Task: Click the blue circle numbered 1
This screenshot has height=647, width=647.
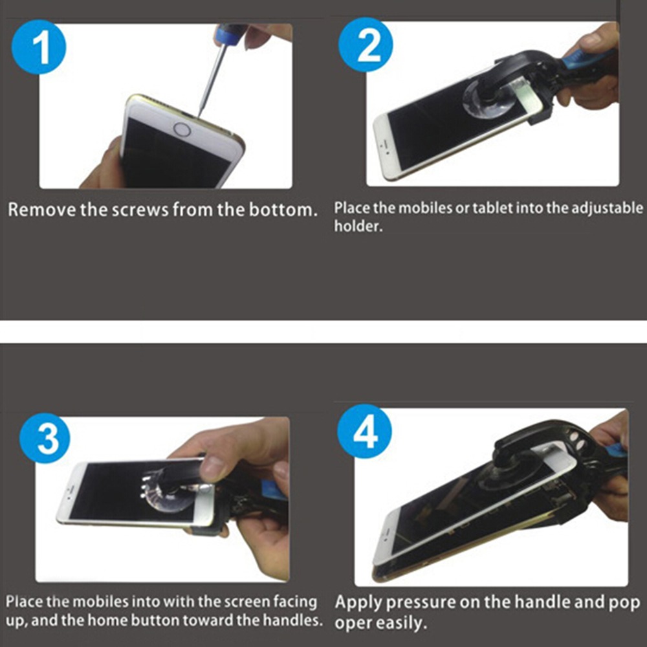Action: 39,47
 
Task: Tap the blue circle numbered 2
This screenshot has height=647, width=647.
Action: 366,45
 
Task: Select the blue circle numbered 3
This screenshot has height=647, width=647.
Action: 45,438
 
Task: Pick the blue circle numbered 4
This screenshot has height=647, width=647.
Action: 364,431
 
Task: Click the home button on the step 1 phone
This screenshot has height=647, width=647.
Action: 182,129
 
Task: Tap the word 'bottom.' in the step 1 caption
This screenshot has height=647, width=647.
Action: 283,210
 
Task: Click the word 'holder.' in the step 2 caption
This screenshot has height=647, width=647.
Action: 358,226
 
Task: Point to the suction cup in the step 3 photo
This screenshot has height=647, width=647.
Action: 167,493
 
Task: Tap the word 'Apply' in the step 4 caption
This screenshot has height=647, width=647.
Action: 358,603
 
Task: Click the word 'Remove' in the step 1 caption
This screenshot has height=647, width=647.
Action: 42,210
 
